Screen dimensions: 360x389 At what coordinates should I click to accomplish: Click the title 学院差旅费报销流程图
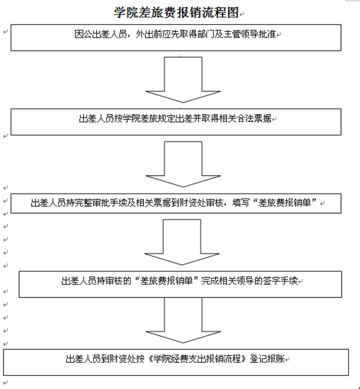tap(176, 12)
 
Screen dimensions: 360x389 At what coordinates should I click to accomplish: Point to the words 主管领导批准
tap(250, 34)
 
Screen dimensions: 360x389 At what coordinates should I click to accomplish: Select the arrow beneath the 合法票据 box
tap(183, 164)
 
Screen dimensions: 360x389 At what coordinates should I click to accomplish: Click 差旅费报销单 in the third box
tap(285, 203)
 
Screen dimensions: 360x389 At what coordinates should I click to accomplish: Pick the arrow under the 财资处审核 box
tap(182, 242)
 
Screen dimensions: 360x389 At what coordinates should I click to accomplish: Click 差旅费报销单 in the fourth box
tap(166, 281)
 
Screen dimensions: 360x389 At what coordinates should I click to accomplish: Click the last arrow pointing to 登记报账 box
tap(183, 320)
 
